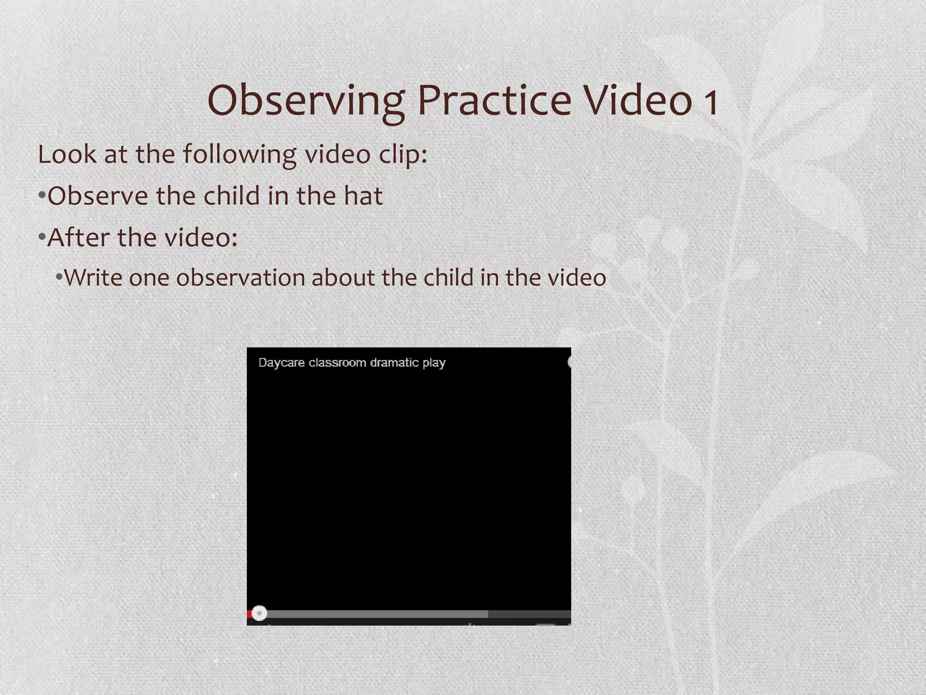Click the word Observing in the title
(306, 101)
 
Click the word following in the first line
(240, 155)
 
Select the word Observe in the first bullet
(98, 196)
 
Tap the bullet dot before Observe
(42, 196)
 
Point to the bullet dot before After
(42, 237)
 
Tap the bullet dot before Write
(59, 276)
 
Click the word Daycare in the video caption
(281, 363)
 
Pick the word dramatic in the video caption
(394, 363)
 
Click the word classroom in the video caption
(337, 363)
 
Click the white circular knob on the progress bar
(260, 614)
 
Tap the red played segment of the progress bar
(249, 614)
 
